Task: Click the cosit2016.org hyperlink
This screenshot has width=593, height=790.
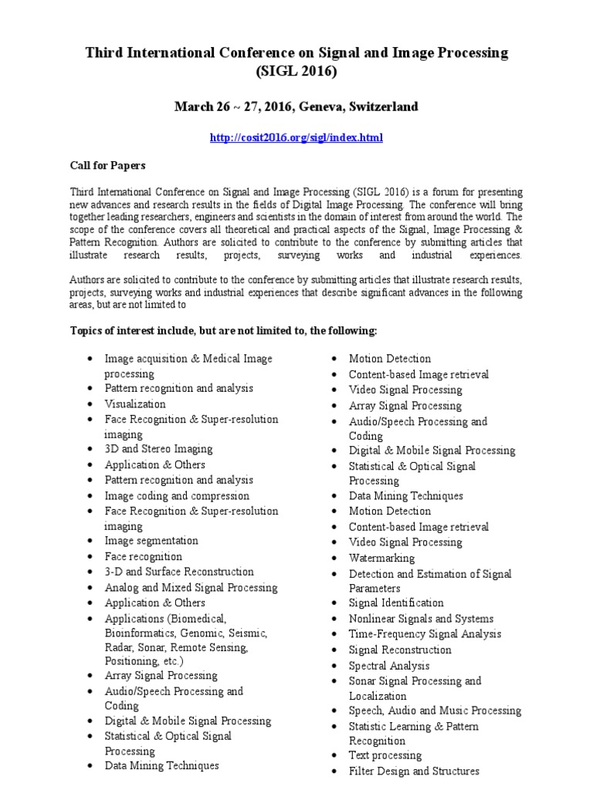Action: (296, 137)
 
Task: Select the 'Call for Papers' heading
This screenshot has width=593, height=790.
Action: (107, 165)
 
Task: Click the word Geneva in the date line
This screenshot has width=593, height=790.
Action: (314, 106)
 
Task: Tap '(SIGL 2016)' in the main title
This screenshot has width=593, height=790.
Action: (296, 72)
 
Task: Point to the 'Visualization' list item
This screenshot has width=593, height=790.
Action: (135, 403)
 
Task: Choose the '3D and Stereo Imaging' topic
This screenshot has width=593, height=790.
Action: (158, 449)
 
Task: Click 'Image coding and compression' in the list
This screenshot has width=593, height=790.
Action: (177, 495)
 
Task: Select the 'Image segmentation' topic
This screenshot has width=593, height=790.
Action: (151, 541)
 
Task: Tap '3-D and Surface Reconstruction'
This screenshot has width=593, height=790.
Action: (179, 572)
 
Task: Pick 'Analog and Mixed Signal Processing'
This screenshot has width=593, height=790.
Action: (191, 587)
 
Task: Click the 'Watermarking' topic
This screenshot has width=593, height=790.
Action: (381, 558)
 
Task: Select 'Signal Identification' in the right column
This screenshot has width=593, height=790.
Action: (396, 603)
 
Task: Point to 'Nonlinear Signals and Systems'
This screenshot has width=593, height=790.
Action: (421, 619)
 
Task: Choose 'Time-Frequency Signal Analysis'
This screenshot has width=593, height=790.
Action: (425, 634)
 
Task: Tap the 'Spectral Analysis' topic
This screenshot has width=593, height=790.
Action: (389, 665)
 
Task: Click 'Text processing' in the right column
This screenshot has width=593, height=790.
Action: (385, 755)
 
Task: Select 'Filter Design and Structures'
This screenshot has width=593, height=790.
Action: (414, 771)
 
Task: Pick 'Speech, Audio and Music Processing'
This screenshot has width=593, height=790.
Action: (435, 711)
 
